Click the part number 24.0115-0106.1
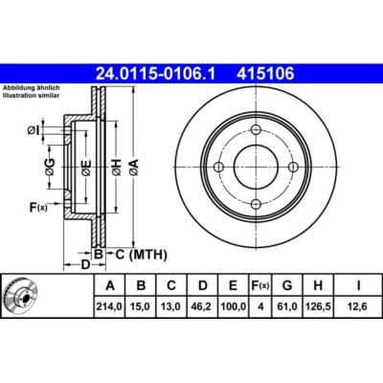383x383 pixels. click(156, 74)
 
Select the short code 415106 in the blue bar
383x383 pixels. click(265, 74)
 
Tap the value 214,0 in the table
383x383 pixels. click(109, 306)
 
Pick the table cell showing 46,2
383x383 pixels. click(203, 306)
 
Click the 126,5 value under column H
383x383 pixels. click(318, 306)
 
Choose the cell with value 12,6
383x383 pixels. click(358, 306)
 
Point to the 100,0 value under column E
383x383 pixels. click(234, 306)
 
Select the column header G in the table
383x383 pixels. click(287, 285)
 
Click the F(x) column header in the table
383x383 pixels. click(260, 285)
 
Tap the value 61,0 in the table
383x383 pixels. click(287, 306)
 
